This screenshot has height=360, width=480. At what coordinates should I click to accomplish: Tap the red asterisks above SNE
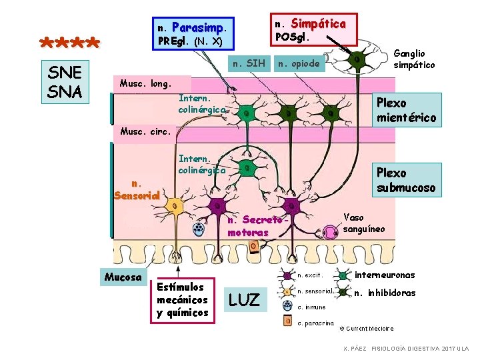tap(69, 45)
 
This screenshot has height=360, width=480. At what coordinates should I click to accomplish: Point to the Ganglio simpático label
tap(414, 59)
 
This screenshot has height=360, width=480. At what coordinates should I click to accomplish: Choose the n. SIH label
tap(247, 64)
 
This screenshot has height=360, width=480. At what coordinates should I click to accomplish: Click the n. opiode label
tap(299, 64)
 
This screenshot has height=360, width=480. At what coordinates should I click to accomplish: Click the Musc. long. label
tap(145, 84)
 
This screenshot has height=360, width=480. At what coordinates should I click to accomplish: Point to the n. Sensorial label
tap(136, 189)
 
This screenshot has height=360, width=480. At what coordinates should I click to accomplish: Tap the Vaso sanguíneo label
tap(363, 223)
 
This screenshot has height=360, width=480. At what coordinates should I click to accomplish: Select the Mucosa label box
tap(123, 277)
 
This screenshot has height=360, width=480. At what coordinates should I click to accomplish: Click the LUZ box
tap(244, 300)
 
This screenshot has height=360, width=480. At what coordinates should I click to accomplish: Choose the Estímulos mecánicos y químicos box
tap(182, 300)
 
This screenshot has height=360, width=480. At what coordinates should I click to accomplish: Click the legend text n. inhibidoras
tap(385, 293)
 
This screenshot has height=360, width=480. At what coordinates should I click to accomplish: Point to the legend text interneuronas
tap(385, 275)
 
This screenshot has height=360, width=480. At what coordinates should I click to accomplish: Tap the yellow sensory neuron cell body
tap(175, 207)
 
